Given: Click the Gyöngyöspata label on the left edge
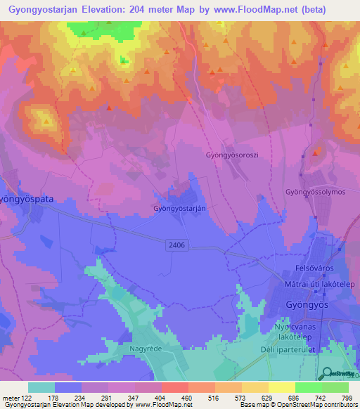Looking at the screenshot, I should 25,199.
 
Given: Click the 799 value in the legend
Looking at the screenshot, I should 346,398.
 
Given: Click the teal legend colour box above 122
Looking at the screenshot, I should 41,387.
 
